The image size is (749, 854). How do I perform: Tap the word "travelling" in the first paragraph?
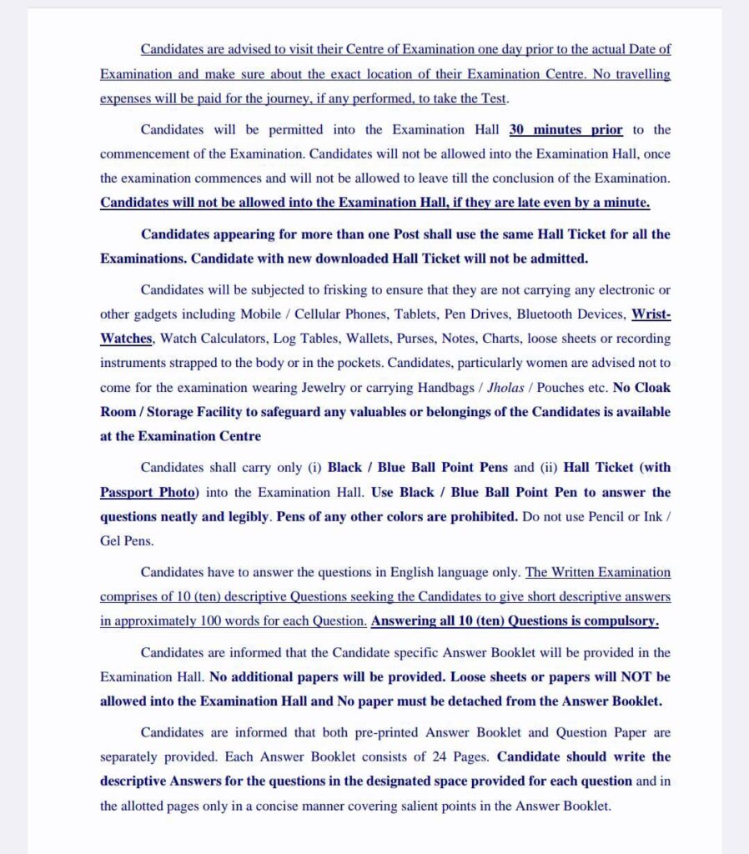(641, 74)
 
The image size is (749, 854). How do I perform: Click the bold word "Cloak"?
(651, 388)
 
